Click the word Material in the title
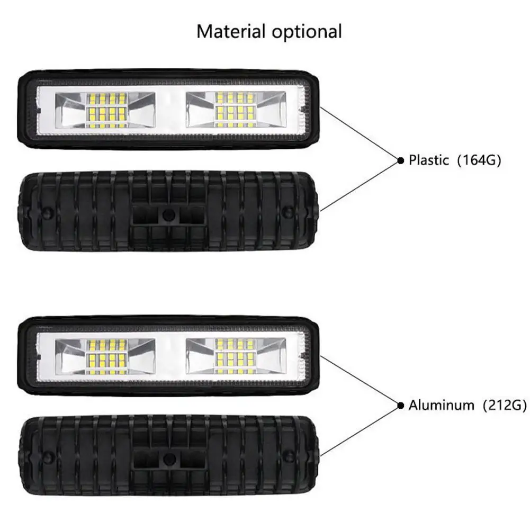[231, 32]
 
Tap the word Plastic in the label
[429, 160]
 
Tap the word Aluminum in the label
[441, 406]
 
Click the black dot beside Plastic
[401, 160]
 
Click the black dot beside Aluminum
[401, 406]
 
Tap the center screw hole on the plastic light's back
[168, 214]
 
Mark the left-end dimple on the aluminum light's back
[47, 456]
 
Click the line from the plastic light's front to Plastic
[360, 133]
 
